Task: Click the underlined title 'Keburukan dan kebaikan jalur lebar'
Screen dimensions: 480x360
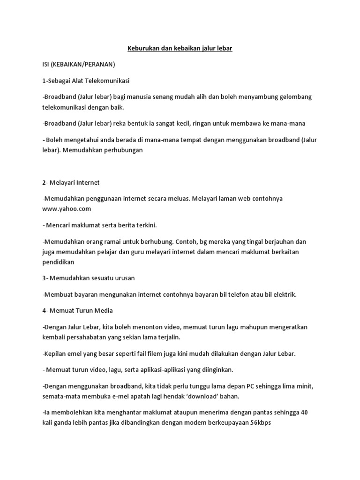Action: coord(180,48)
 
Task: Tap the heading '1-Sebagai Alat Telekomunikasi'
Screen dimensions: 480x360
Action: coord(86,81)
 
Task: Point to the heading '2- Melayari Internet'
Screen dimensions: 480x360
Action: coord(71,182)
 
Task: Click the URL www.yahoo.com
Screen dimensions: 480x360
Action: coord(67,208)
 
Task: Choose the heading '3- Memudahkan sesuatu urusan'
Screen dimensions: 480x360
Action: coord(88,278)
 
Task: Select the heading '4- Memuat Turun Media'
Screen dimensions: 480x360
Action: coord(77,310)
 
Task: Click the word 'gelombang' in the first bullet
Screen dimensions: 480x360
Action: coord(294,97)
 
